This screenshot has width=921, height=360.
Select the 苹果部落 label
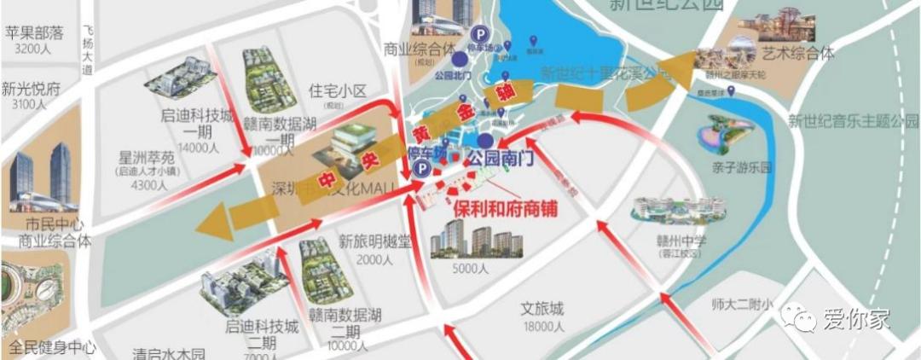(35, 33)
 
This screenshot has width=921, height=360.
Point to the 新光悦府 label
(32, 88)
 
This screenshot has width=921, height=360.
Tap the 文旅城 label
(542, 309)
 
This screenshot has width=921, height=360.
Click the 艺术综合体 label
(798, 53)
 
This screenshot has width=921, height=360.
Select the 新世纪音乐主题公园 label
(851, 120)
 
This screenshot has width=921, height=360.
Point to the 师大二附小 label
(741, 304)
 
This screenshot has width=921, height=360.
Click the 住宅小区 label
(337, 90)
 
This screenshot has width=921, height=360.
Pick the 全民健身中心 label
(49, 348)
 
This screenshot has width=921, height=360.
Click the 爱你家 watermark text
(855, 318)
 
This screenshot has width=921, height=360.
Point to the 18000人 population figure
(542, 327)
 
